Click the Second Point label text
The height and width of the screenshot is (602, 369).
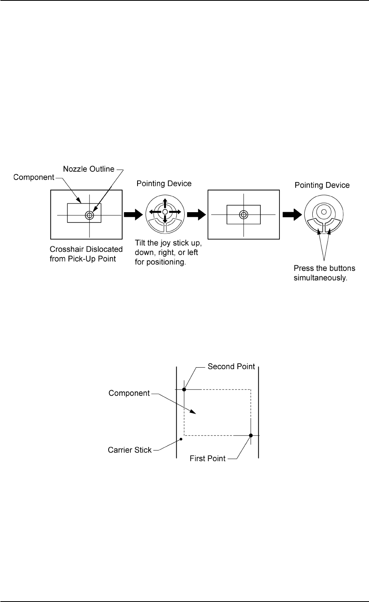231,366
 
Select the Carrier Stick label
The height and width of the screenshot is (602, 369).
130,450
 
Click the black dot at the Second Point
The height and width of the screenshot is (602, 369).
184,389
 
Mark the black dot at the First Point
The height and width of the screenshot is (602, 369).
250,435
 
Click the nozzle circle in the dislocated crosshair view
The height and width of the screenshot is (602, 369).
89,215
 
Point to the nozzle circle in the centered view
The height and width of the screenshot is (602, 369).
243,215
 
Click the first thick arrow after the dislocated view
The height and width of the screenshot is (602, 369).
133,215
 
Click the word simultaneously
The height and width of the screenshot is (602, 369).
320,278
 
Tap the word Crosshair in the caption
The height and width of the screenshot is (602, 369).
66,250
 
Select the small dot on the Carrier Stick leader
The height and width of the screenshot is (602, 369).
181,439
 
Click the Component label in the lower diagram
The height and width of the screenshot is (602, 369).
129,393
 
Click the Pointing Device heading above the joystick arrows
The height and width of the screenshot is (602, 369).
164,184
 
